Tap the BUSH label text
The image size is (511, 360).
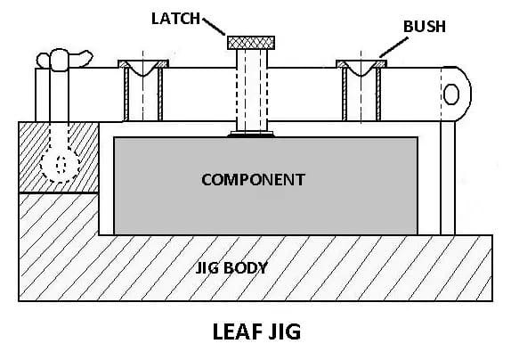423,28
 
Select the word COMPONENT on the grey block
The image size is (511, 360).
253,179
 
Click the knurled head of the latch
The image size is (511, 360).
252,42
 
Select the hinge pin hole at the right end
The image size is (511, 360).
451,94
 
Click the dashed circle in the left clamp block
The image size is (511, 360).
61,164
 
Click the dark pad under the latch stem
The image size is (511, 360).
252,135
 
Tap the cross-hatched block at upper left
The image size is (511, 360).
58,157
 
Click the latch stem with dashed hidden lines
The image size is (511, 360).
252,89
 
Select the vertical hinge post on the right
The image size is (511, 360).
447,174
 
